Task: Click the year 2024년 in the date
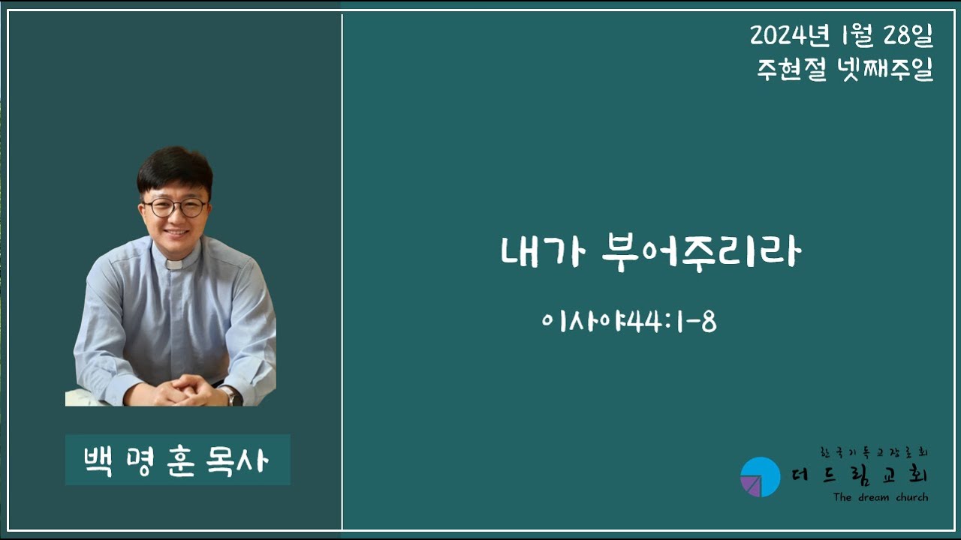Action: coord(790,34)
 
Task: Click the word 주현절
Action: coord(791,69)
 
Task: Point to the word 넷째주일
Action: coord(885,69)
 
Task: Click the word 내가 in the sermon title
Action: coord(543,252)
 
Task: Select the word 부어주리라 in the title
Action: coord(701,253)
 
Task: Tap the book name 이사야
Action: coord(584,322)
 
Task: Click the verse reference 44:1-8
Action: coord(672,322)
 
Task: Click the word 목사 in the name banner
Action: coord(237,461)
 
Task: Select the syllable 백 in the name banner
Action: coord(98,461)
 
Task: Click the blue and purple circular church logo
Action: coord(761,476)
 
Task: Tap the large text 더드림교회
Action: coord(860,475)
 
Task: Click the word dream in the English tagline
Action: coord(874,497)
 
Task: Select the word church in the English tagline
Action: coord(912,497)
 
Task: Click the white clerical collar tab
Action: coord(175,265)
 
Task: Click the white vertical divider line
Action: coord(342,272)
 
